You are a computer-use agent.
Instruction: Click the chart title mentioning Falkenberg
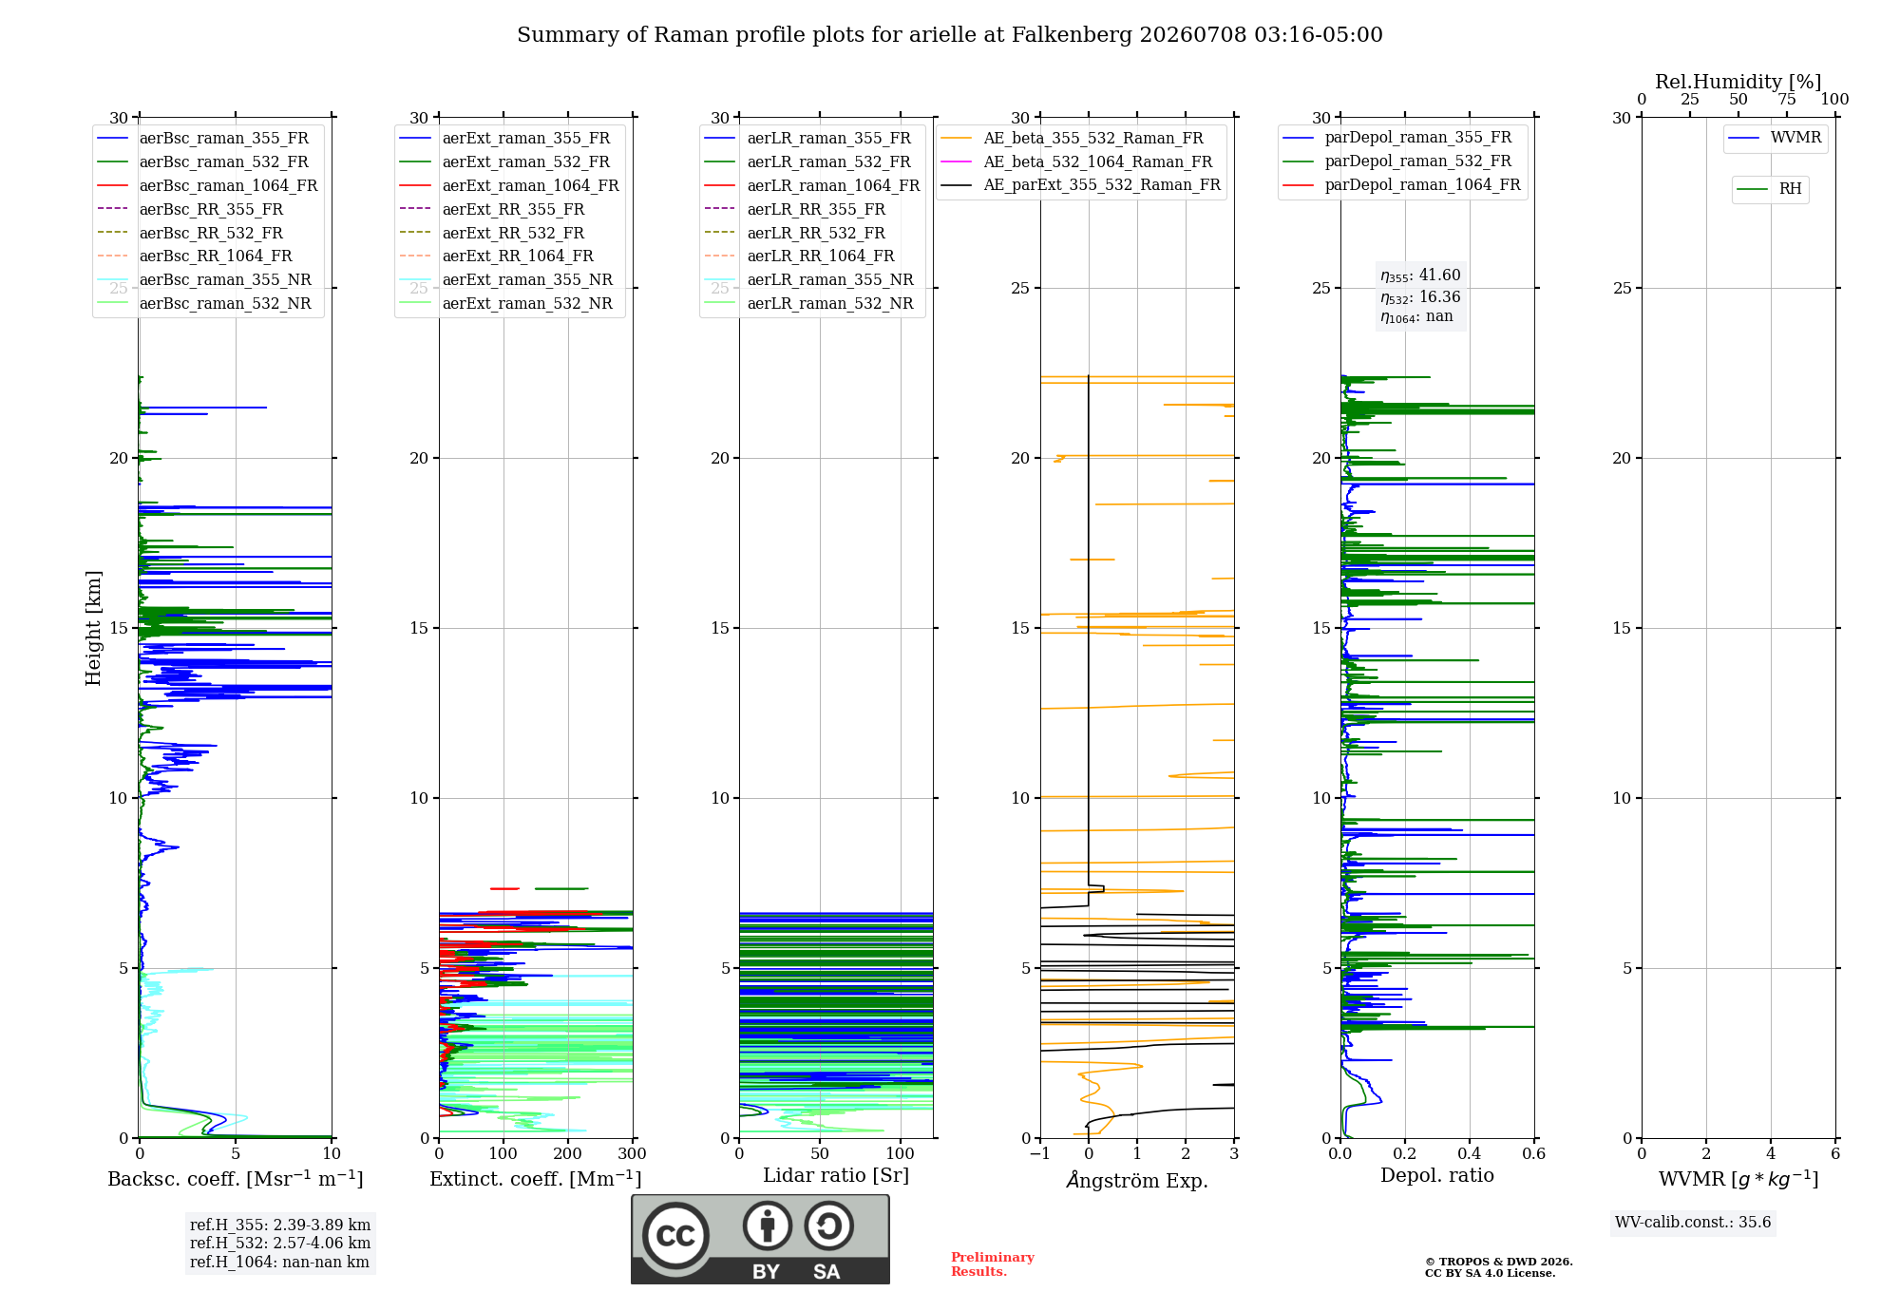[x=950, y=35]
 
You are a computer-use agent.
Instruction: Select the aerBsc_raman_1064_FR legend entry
[x=207, y=185]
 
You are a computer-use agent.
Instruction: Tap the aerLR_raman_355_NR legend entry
[x=808, y=279]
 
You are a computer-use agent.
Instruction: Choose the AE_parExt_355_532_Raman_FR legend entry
[x=1081, y=184]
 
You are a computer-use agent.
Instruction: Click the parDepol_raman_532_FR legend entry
[x=1397, y=161]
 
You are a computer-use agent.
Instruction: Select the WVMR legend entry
[x=1775, y=138]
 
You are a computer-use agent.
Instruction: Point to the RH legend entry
[x=1769, y=188]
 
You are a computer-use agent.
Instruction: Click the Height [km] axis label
[x=93, y=628]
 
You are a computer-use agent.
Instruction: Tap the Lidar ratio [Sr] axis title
[x=836, y=1175]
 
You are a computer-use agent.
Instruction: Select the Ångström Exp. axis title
[x=1137, y=1180]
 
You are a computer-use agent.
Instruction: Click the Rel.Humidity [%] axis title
[x=1738, y=82]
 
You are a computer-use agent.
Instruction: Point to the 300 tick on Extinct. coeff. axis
[x=633, y=1153]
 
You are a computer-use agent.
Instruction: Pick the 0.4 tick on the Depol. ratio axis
[x=1470, y=1153]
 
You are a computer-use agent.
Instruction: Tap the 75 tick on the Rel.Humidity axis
[x=1787, y=99]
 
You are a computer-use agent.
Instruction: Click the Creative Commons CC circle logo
[x=675, y=1235]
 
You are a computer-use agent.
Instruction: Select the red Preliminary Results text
[x=993, y=1264]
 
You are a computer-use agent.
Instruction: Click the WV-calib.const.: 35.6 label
[x=1693, y=1222]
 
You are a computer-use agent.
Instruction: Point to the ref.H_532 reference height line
[x=280, y=1243]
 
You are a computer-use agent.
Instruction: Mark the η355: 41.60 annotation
[x=1420, y=275]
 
